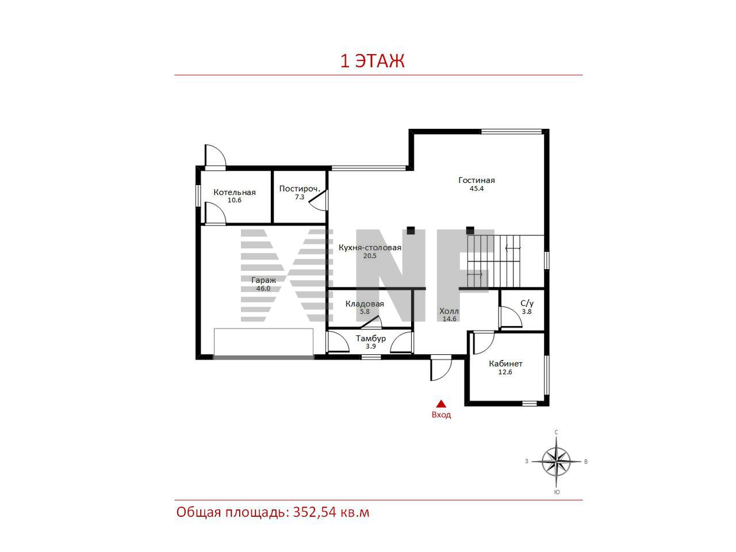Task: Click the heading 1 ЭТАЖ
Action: point(372,62)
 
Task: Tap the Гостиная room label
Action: point(477,181)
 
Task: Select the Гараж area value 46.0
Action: point(263,289)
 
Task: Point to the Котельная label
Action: point(235,193)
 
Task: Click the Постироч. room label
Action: point(300,189)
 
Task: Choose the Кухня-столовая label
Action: point(370,248)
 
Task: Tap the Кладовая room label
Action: point(365,304)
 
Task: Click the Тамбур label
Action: point(371,339)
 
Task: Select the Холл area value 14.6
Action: point(449,319)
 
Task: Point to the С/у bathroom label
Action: point(527,304)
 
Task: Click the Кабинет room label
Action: point(505,363)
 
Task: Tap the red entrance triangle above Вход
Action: point(441,404)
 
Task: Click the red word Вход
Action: point(441,415)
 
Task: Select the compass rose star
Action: point(556,462)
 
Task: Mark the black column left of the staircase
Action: point(470,231)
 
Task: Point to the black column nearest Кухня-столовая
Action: point(411,231)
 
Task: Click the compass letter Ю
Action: point(557,492)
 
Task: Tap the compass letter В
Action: point(586,462)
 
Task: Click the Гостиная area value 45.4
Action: point(477,189)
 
